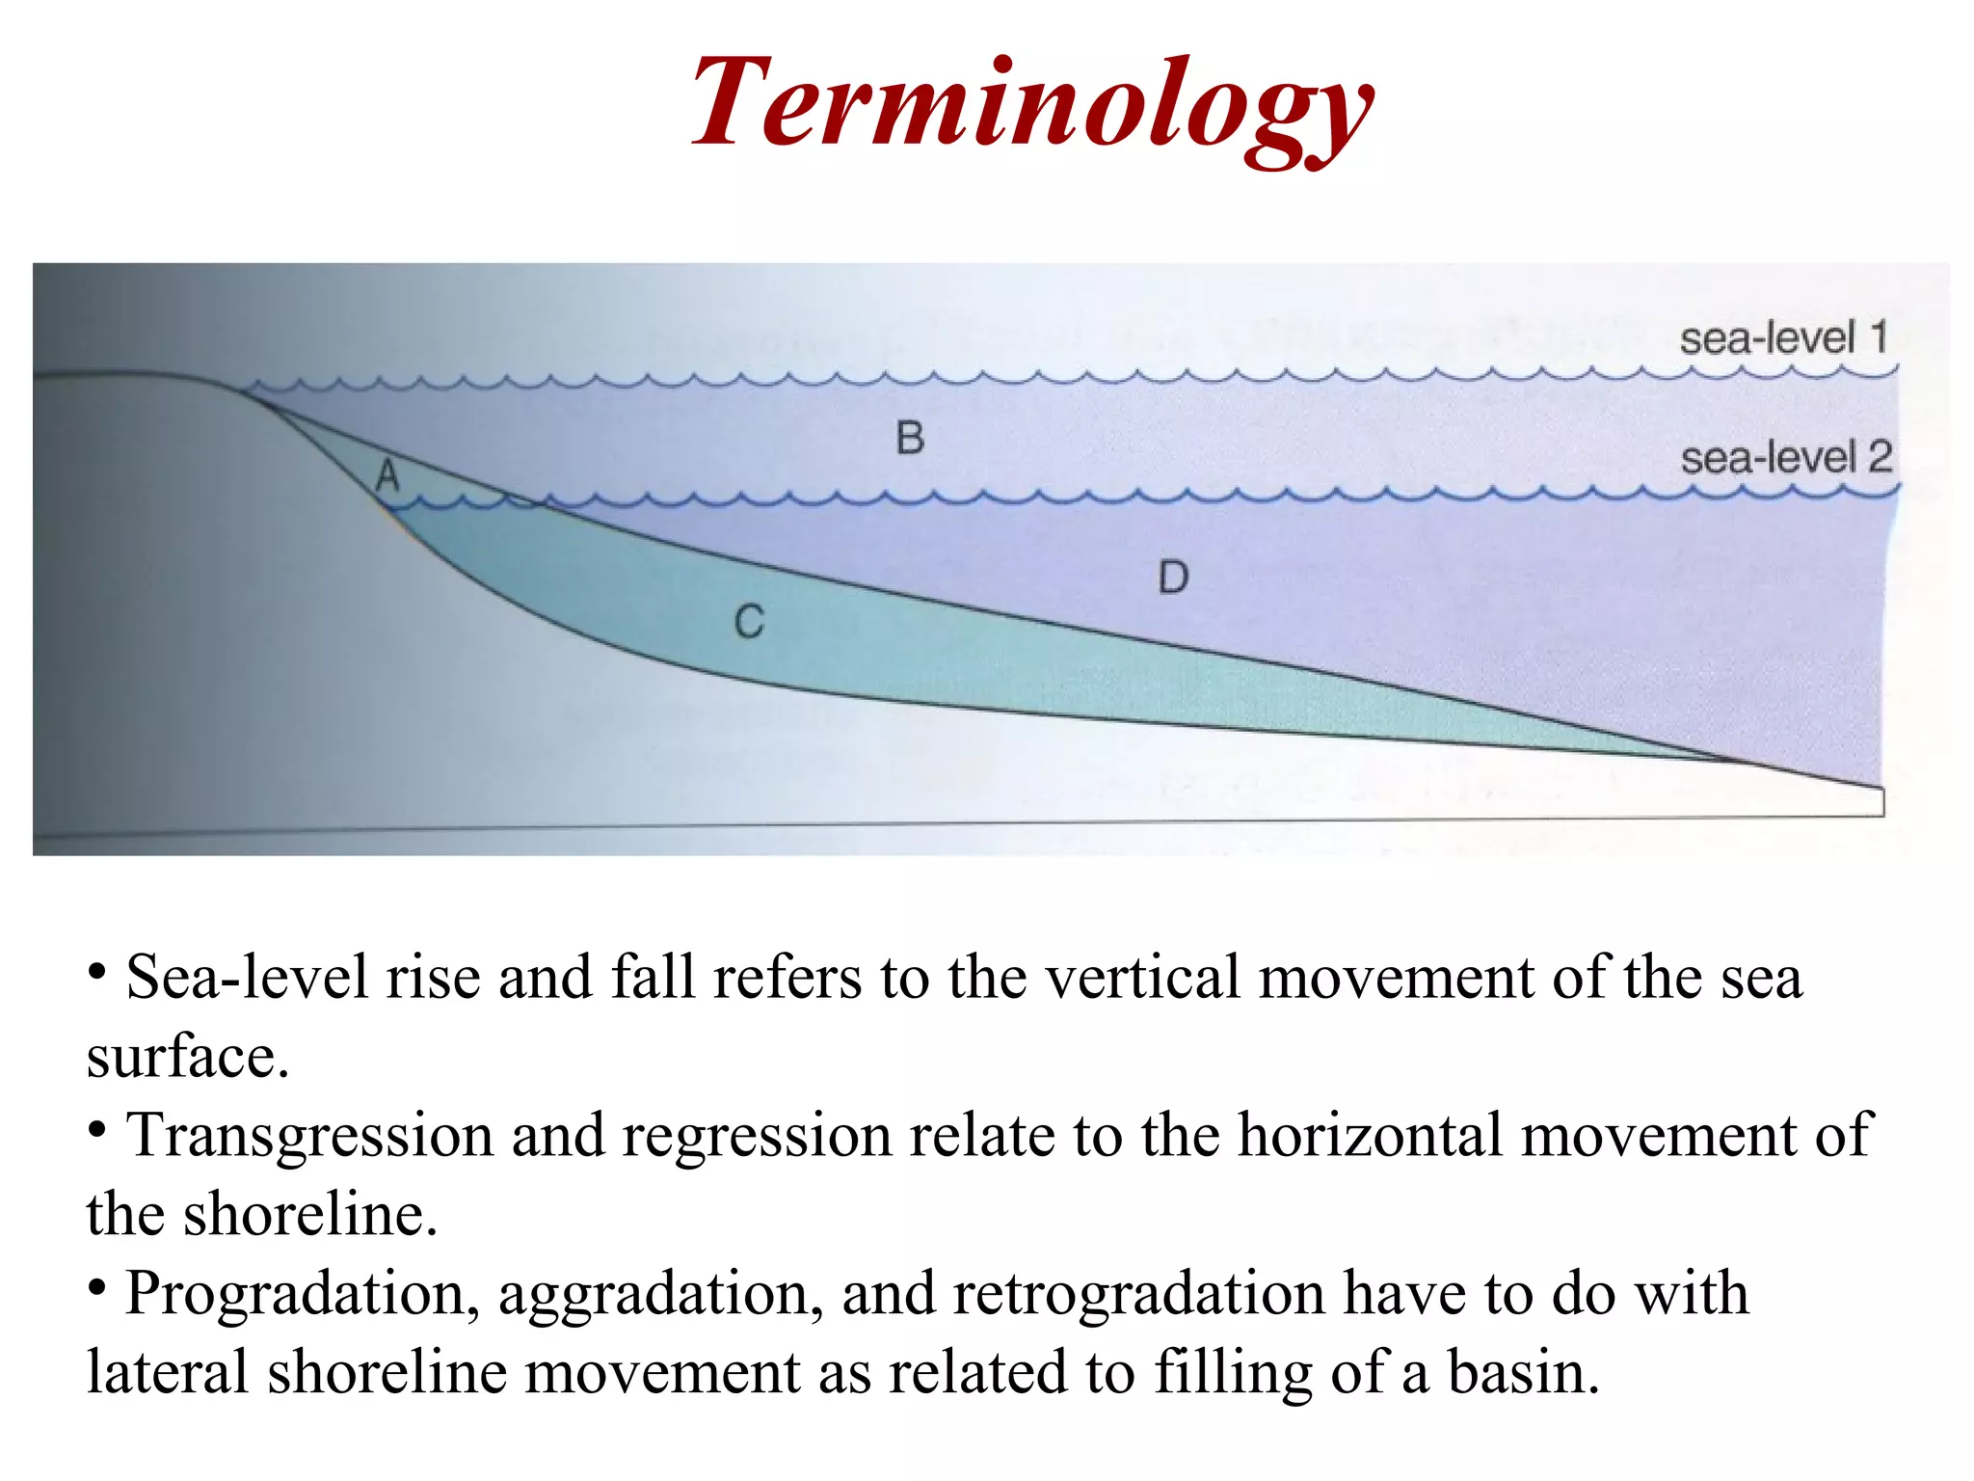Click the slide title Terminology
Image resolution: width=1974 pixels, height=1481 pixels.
[x=1031, y=104]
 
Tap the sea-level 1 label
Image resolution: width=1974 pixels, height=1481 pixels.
[x=1783, y=338]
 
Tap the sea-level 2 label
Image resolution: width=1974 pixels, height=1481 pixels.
[x=1786, y=457]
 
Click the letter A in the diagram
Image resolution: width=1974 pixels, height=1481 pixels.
[x=387, y=475]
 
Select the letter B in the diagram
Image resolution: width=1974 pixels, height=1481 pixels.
[x=910, y=439]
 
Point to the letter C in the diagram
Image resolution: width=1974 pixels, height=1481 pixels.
[x=749, y=622]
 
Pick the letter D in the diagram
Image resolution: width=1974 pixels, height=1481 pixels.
[x=1173, y=579]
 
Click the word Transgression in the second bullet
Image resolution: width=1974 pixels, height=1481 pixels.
[x=309, y=1136]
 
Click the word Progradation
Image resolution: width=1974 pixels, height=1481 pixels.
[x=303, y=1294]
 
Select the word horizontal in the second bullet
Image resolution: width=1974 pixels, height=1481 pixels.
[x=1370, y=1136]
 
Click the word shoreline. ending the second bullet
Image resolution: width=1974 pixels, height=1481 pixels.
[x=310, y=1215]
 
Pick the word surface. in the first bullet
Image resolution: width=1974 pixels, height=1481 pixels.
[x=188, y=1058]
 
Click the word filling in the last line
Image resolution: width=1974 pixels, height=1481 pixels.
[x=1233, y=1373]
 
